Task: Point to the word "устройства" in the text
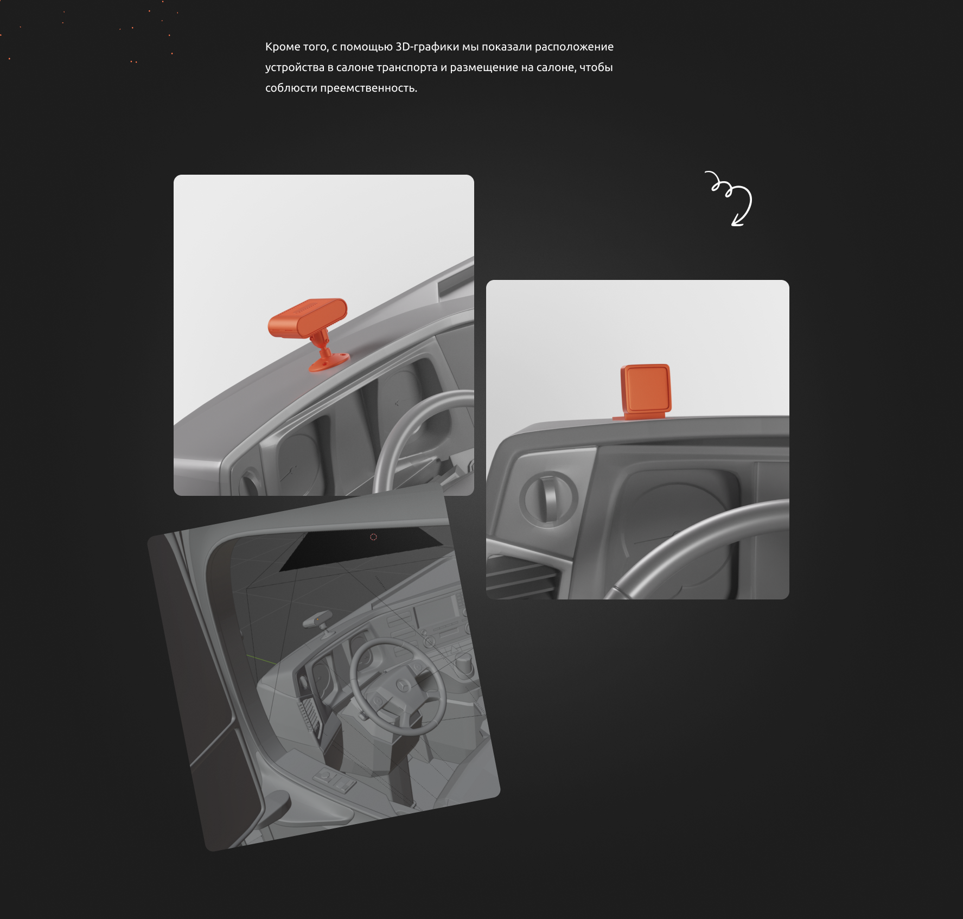click(x=295, y=68)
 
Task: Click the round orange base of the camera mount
click(x=329, y=362)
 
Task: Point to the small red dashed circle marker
click(x=373, y=537)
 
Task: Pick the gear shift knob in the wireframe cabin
click(x=465, y=661)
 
